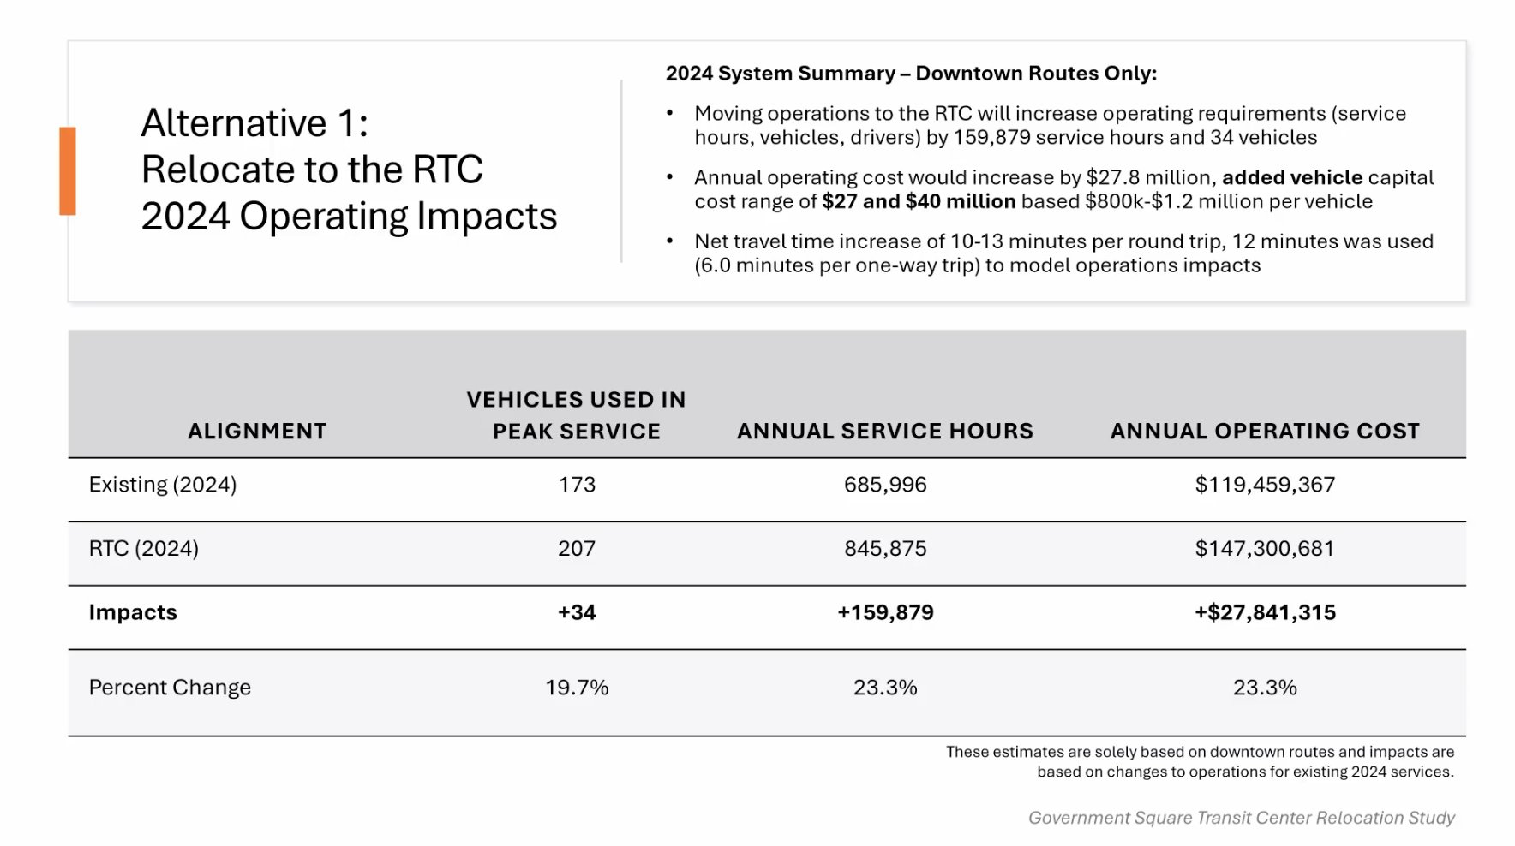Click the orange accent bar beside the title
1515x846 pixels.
68,170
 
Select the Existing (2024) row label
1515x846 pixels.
163,485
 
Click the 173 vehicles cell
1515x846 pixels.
577,485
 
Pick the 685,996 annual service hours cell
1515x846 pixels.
885,485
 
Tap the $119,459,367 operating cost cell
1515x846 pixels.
1265,485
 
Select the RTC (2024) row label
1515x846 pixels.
144,548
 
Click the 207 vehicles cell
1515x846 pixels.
577,548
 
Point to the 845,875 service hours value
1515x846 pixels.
885,548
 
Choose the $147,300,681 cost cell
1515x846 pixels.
1265,548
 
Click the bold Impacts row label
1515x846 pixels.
133,612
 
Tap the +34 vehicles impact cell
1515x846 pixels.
577,612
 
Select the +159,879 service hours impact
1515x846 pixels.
885,612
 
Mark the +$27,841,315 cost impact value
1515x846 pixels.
1265,612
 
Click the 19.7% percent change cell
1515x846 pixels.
577,688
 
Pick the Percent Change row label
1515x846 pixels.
170,688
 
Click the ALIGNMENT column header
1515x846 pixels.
257,431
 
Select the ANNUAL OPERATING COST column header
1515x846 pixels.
1265,431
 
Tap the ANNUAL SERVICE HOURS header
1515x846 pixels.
885,431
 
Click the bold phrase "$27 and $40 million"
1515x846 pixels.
919,201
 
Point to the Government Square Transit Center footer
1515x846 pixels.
1242,818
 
